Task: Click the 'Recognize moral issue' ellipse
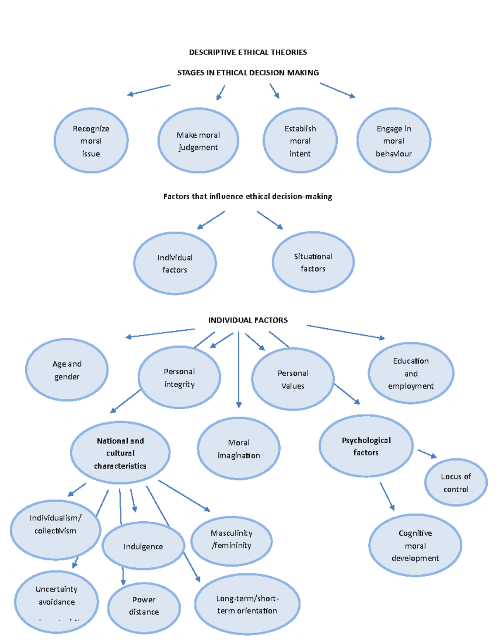pyautogui.click(x=91, y=141)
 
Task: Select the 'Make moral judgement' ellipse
pyautogui.click(x=198, y=141)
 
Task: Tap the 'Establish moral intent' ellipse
pyautogui.click(x=300, y=141)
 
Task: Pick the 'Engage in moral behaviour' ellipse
pyautogui.click(x=394, y=141)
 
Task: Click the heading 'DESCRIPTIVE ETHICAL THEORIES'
pyautogui.click(x=248, y=52)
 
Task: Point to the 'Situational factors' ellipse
pyautogui.click(x=313, y=262)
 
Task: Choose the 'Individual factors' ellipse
pyautogui.click(x=175, y=263)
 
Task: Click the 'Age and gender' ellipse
pyautogui.click(x=67, y=370)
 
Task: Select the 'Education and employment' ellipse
pyautogui.click(x=411, y=373)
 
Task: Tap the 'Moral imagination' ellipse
pyautogui.click(x=238, y=449)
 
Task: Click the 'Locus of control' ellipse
pyautogui.click(x=456, y=482)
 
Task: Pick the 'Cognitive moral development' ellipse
pyautogui.click(x=415, y=545)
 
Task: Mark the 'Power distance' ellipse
pyautogui.click(x=144, y=606)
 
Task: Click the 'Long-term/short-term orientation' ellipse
pyautogui.click(x=247, y=604)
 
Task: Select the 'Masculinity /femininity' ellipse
pyautogui.click(x=231, y=539)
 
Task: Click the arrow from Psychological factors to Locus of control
pyautogui.click(x=427, y=454)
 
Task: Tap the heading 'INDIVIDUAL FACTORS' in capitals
pyautogui.click(x=248, y=320)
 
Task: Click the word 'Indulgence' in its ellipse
pyautogui.click(x=143, y=547)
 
